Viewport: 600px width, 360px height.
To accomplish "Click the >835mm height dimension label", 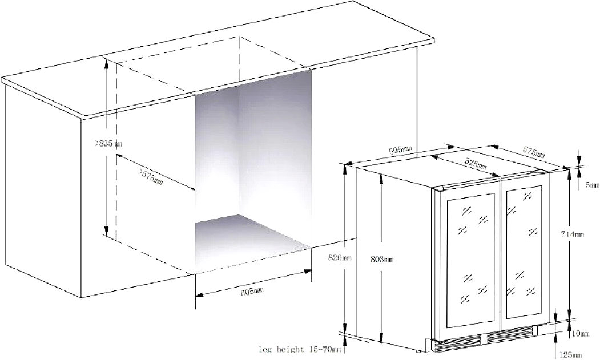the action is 108,144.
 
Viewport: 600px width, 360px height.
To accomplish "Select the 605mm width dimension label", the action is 252,292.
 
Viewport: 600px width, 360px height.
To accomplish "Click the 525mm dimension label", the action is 476,164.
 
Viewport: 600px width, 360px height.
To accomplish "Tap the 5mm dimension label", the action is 593,185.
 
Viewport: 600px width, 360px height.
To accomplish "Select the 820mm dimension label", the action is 340,258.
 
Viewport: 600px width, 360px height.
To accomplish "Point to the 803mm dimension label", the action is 382,259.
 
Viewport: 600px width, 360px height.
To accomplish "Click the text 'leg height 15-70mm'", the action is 300,349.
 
